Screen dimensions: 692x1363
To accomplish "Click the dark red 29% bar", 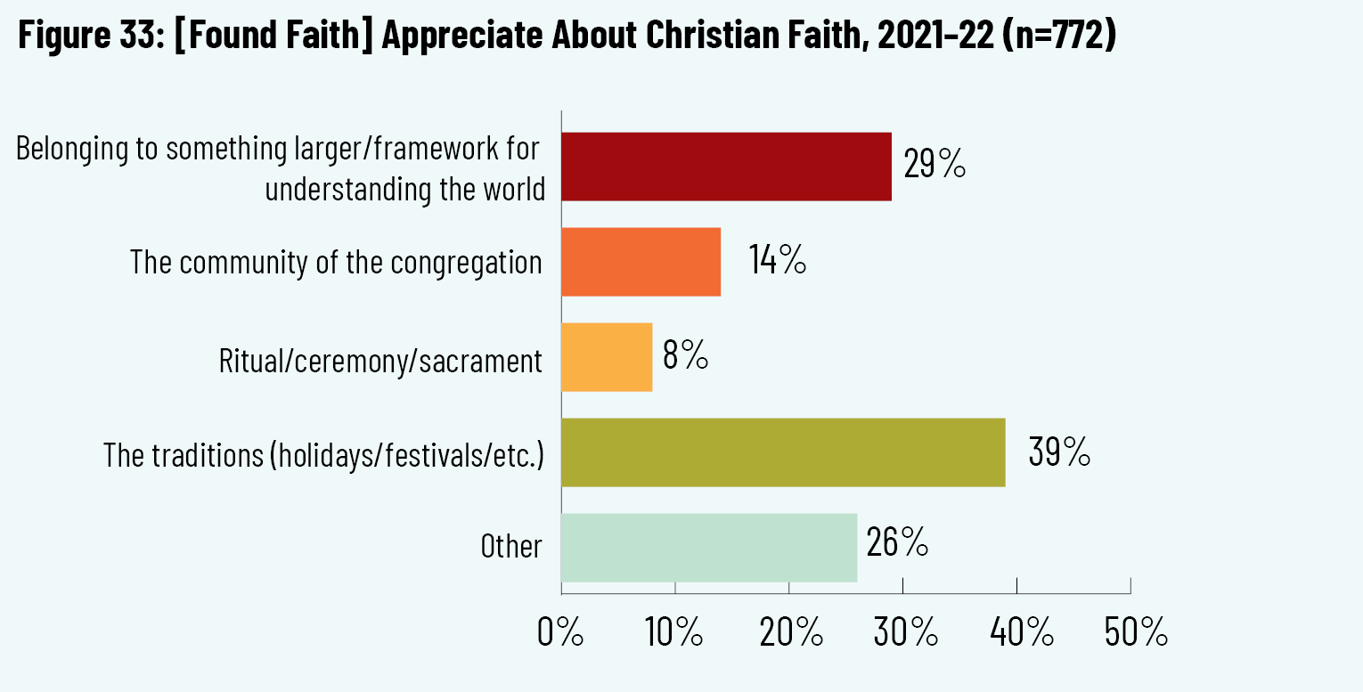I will tap(726, 167).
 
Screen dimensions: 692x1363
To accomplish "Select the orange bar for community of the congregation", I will tap(641, 262).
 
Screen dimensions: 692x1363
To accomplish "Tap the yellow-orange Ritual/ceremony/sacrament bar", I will tap(607, 357).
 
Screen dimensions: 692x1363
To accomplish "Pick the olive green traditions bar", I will tap(783, 452).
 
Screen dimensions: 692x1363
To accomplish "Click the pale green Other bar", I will tap(709, 548).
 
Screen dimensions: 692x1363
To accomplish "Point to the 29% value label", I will tap(935, 165).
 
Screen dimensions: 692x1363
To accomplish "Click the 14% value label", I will tap(777, 261).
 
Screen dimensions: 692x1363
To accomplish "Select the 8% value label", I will tap(685, 356).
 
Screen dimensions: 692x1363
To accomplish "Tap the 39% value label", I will tap(1059, 452).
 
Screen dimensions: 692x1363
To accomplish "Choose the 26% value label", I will tap(897, 542).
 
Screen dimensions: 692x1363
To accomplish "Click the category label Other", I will tap(510, 546).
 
